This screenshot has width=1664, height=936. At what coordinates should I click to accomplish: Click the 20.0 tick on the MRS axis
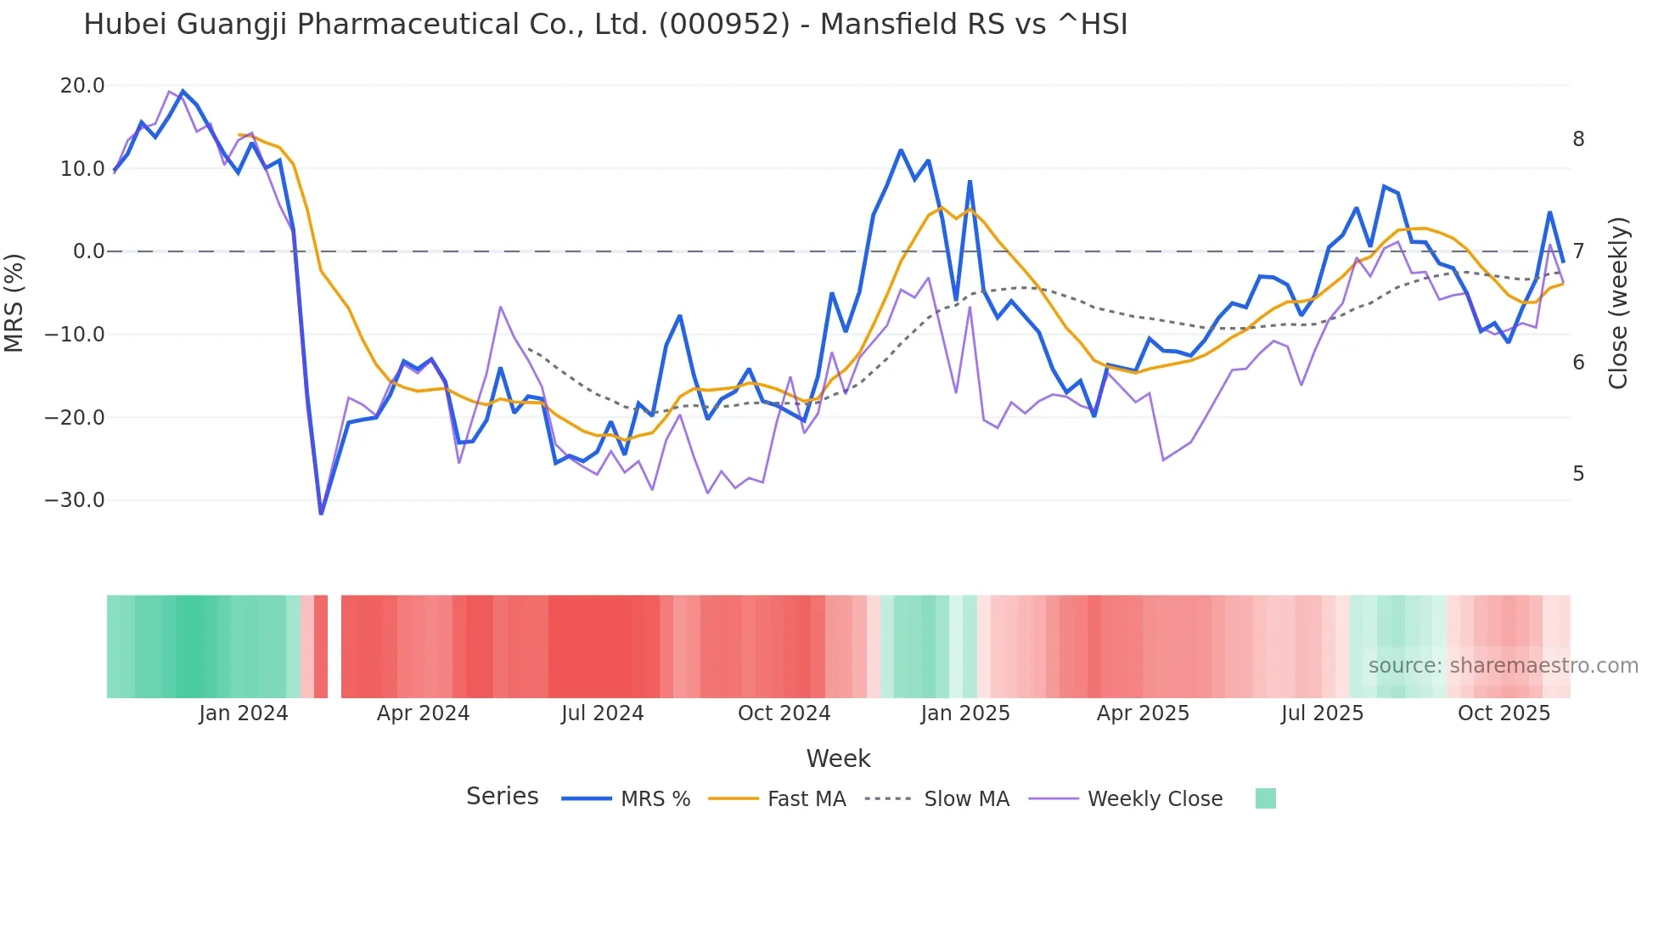[82, 86]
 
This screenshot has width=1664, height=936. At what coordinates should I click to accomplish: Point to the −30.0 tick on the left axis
[75, 500]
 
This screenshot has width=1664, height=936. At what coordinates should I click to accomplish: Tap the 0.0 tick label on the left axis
[88, 251]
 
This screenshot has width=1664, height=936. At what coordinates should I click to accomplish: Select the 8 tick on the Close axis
[1578, 139]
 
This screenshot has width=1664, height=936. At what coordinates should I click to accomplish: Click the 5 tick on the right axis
[1578, 474]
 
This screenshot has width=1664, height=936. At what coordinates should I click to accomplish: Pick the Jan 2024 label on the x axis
[244, 713]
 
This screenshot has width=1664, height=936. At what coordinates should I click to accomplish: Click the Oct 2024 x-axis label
[784, 713]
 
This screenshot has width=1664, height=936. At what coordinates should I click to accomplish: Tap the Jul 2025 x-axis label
[1322, 713]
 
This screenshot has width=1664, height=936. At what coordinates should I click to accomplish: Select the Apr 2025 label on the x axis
[1143, 713]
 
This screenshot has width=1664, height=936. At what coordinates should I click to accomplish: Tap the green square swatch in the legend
[1265, 798]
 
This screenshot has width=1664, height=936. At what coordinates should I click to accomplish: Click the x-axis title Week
[838, 758]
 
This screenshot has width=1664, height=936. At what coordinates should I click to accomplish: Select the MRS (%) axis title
[14, 302]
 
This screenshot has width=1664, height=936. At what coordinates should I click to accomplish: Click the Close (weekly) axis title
[1618, 303]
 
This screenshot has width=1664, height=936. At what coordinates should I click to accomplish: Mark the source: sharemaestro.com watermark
[1503, 666]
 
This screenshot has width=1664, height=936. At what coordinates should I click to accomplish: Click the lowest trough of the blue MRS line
[321, 513]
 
